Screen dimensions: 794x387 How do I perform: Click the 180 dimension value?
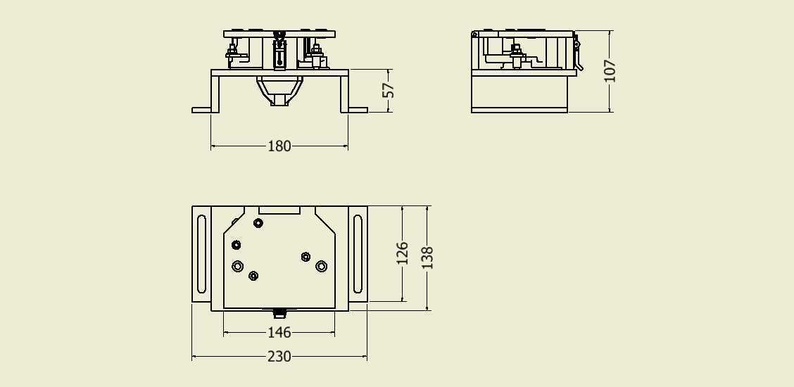[x=279, y=146]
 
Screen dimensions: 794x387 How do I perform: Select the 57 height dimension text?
[x=389, y=90]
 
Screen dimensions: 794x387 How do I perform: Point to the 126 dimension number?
[x=402, y=253]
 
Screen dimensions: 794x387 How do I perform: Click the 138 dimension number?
[x=427, y=258]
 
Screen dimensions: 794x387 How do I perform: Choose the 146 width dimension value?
[x=279, y=332]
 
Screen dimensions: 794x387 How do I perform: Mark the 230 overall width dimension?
[x=279, y=357]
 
